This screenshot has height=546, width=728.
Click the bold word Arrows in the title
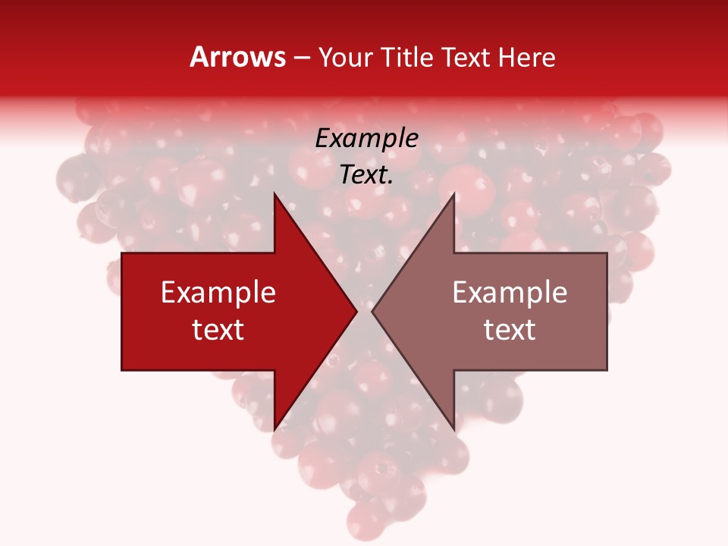[x=238, y=57]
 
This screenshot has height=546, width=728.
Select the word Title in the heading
[x=407, y=57]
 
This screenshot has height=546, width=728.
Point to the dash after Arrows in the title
[x=301, y=58]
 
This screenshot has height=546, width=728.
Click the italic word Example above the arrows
[x=367, y=139]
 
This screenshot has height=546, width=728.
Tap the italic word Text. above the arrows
[x=367, y=175]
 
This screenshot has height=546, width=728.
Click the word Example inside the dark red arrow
[x=218, y=292]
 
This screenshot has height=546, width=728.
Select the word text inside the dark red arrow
[x=218, y=329]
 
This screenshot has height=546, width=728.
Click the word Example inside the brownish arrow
[x=510, y=292]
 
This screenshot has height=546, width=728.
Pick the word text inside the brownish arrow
[x=510, y=329]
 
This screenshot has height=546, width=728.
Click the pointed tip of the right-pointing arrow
[x=357, y=311]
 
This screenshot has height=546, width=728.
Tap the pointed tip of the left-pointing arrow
[x=372, y=311]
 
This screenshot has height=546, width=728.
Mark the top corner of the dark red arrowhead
[x=275, y=193]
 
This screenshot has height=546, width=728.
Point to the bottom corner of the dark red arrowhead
[x=275, y=429]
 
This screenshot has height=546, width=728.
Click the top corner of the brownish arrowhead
[x=453, y=193]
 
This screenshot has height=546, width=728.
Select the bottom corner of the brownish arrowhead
[x=453, y=429]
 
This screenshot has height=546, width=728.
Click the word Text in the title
[x=468, y=57]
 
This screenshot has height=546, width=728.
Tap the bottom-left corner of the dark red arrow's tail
[x=122, y=369]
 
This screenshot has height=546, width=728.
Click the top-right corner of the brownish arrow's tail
[x=607, y=253]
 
